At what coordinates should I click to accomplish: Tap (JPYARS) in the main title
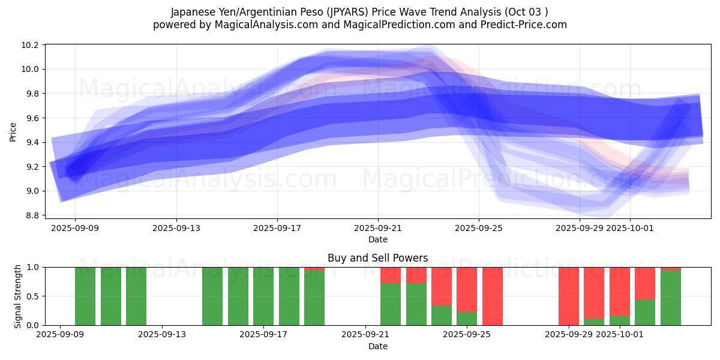(346, 12)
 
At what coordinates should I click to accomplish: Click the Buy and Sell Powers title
(377, 258)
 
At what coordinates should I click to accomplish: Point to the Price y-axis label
(13, 132)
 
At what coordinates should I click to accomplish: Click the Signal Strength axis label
(18, 296)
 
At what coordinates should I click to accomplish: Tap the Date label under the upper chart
(377, 239)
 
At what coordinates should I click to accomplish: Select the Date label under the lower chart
(377, 346)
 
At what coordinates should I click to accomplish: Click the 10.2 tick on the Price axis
(31, 45)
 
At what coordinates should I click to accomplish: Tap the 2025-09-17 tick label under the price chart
(277, 228)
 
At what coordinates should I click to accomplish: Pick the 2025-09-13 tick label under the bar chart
(162, 335)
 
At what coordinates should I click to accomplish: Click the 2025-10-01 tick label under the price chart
(630, 228)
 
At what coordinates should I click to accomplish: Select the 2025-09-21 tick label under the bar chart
(365, 335)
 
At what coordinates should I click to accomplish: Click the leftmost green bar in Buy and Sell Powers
(85, 296)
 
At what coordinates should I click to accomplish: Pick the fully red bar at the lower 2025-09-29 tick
(569, 296)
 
